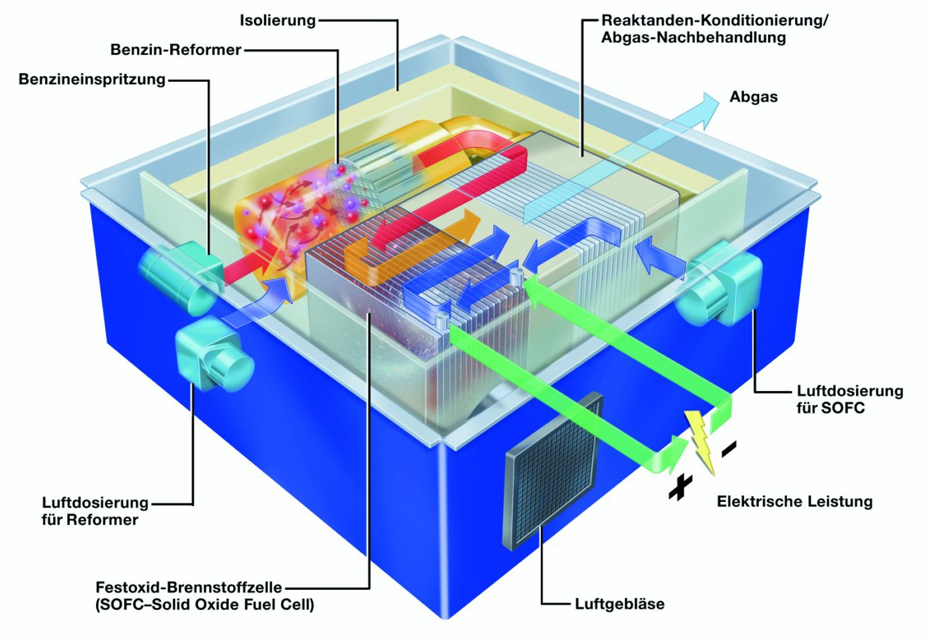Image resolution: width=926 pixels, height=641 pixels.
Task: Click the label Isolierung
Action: click(278, 21)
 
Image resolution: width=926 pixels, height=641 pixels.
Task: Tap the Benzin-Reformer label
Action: click(175, 50)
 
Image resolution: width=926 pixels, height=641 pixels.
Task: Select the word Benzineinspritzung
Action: click(92, 79)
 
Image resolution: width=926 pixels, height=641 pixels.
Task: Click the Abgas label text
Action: click(753, 97)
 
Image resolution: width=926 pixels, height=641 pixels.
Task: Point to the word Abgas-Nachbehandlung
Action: click(693, 38)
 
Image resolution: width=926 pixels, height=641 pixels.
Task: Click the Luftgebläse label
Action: click(620, 604)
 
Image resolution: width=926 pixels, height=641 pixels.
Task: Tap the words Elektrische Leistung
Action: click(794, 501)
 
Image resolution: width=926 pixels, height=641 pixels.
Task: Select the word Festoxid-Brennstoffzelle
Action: click(189, 587)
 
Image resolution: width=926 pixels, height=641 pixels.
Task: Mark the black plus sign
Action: click(680, 488)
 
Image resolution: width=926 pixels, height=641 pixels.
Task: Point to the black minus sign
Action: click(729, 450)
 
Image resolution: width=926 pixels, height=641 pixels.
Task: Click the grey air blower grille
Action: click(552, 470)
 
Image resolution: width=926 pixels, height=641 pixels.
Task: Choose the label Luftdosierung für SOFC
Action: click(849, 399)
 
